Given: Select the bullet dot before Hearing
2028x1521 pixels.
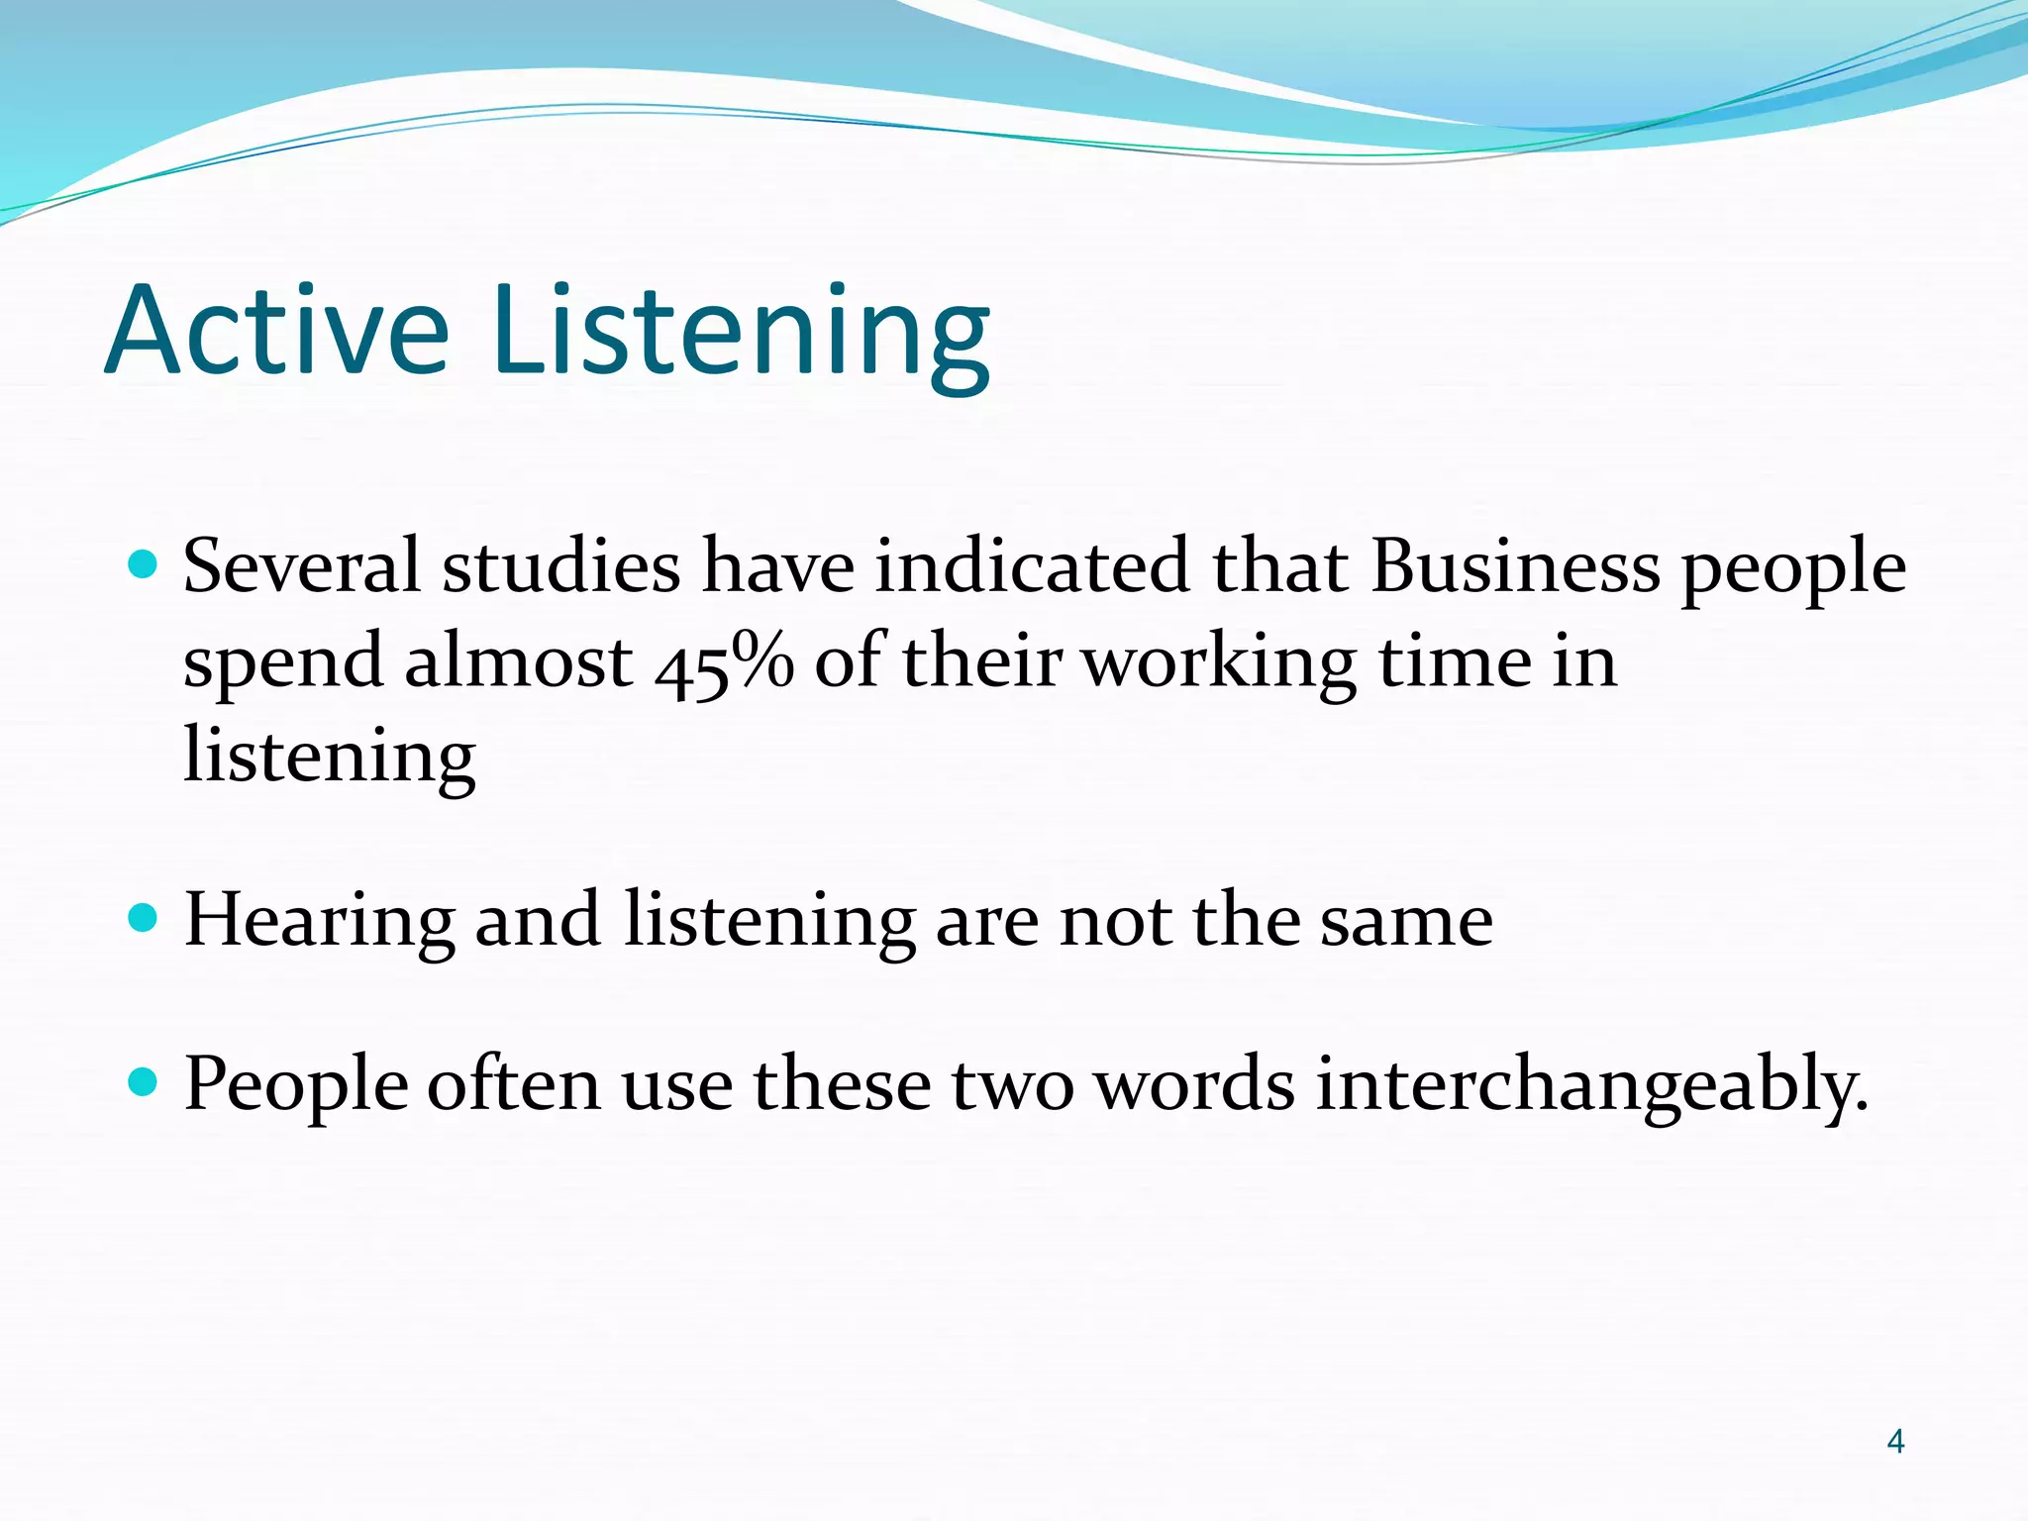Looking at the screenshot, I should [144, 918].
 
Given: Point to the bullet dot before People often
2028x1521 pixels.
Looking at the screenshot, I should [144, 1082].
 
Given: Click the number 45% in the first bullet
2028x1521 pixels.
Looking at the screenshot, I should [724, 663].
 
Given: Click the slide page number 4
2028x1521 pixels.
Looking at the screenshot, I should [1895, 1441].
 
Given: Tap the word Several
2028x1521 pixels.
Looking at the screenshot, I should [302, 566].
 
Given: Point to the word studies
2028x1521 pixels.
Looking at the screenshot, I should [561, 566].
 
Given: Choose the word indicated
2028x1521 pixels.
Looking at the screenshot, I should [1032, 566].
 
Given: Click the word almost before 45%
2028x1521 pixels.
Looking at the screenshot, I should [518, 661].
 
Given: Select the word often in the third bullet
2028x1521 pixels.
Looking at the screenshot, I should [513, 1084].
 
